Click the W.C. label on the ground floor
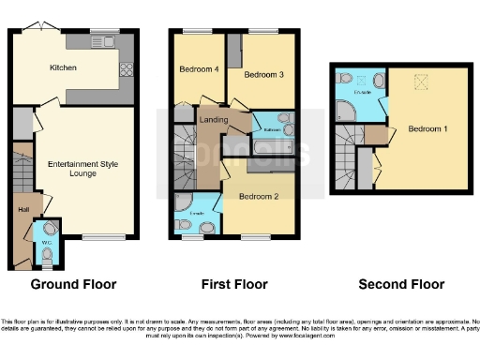click(x=45, y=242)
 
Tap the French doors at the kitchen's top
click(x=37, y=27)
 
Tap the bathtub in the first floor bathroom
click(x=273, y=149)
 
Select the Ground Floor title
click(x=74, y=284)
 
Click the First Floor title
click(x=234, y=284)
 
